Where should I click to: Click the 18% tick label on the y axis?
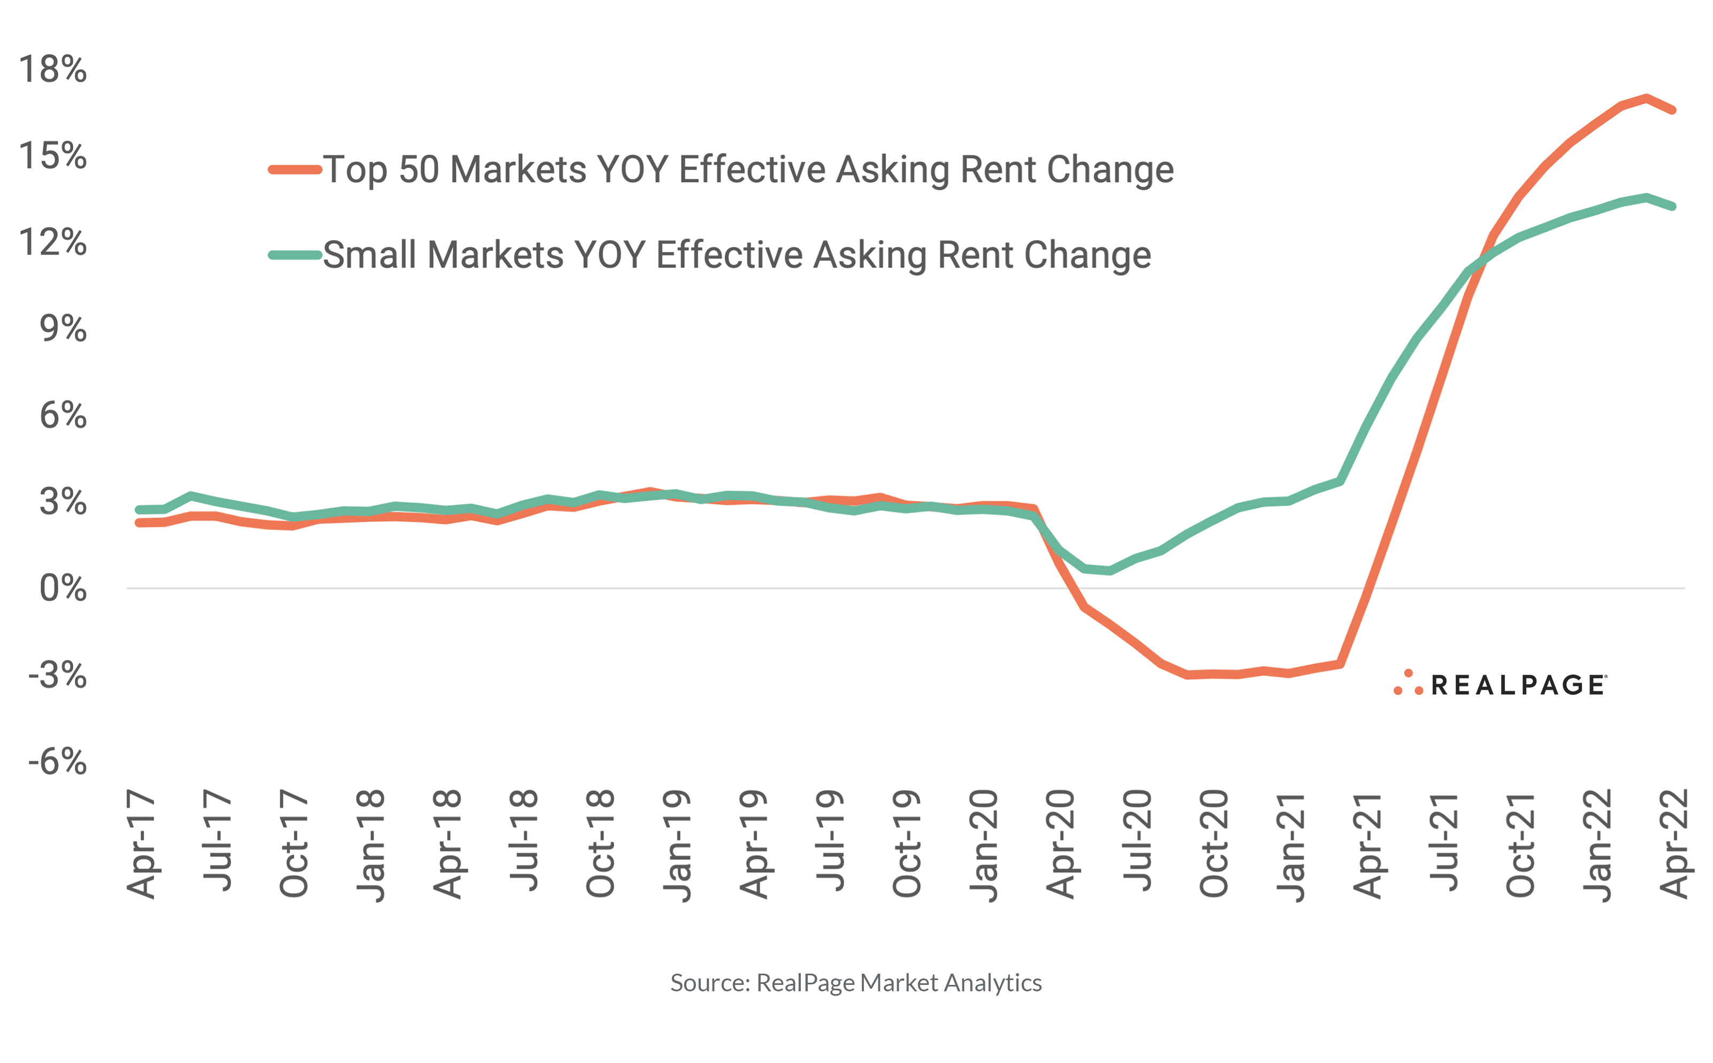pyautogui.click(x=53, y=70)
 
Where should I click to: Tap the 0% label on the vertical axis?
pyautogui.click(x=63, y=588)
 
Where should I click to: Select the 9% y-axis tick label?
pyautogui.click(x=63, y=329)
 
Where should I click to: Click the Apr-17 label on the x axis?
pyautogui.click(x=141, y=844)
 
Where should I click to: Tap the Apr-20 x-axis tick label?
pyautogui.click(x=1060, y=844)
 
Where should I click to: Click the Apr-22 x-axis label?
pyautogui.click(x=1673, y=844)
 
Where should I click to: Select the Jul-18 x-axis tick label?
pyautogui.click(x=524, y=840)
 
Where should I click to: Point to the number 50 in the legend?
pyautogui.click(x=419, y=170)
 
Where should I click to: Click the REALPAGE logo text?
pyautogui.click(x=1518, y=685)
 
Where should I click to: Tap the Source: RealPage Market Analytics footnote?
pyautogui.click(x=855, y=982)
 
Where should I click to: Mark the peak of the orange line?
pyautogui.click(x=1647, y=98)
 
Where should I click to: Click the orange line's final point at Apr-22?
pyautogui.click(x=1673, y=110)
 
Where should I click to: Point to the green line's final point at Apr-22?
pyautogui.click(x=1673, y=206)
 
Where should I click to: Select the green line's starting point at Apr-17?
pyautogui.click(x=139, y=510)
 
